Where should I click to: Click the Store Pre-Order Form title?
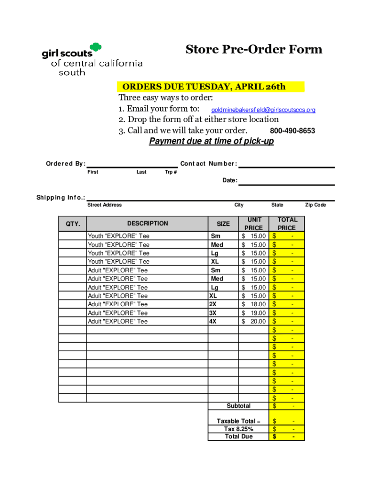coord(254,49)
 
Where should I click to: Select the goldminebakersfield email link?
coord(263,110)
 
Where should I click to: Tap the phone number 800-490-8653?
coord(292,131)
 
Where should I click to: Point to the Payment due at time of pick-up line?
coord(211,141)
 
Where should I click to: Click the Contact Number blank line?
coord(286,164)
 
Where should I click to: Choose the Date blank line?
coord(286,181)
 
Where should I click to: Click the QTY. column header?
coord(73,223)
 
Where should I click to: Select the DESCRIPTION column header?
coord(147,223)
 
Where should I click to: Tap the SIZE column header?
coord(223,223)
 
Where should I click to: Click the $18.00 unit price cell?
coord(254,304)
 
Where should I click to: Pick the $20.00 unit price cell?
coord(254,322)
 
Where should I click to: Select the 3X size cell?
coord(213,313)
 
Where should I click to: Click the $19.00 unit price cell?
coord(254,313)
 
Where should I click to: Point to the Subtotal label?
coord(238,406)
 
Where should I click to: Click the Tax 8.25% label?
coord(238,429)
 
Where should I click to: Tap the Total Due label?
coord(238,436)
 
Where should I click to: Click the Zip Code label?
coord(315,205)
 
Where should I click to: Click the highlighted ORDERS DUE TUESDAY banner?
coord(211,87)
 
